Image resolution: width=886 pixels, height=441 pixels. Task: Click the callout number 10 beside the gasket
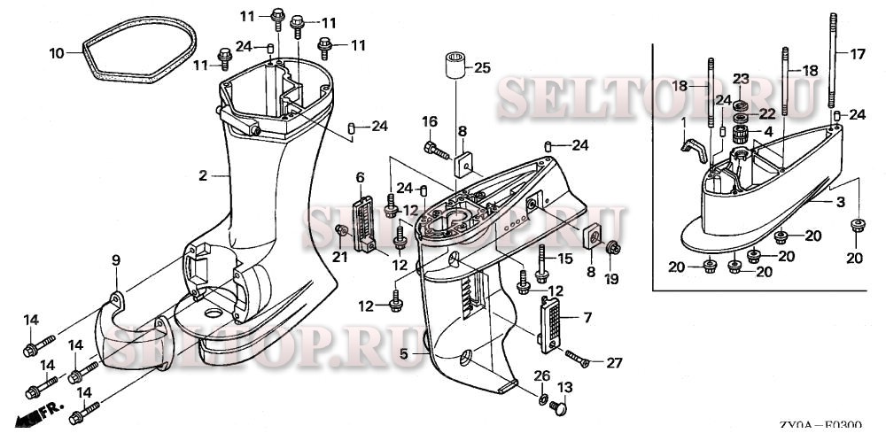(56, 53)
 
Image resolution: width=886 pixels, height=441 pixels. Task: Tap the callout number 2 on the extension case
(203, 176)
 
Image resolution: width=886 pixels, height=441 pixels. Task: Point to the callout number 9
(115, 259)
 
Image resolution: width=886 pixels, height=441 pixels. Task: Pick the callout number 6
(360, 178)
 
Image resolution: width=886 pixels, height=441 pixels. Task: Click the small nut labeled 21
(339, 231)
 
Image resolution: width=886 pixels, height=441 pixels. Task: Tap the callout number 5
(403, 354)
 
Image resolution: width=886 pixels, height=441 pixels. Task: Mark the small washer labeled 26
(540, 401)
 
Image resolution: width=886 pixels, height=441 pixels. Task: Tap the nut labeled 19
(613, 251)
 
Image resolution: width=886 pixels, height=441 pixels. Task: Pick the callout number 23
(740, 78)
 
